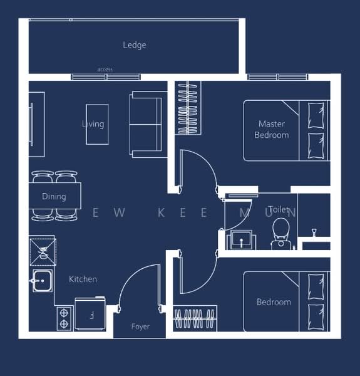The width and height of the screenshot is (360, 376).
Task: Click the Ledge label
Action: [x=134, y=45]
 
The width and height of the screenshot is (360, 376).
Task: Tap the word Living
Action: [x=93, y=124]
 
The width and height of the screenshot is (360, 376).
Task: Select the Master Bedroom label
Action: [x=272, y=130]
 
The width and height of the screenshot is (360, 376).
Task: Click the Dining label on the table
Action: [x=54, y=197]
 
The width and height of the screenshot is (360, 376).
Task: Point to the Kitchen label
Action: [x=83, y=279]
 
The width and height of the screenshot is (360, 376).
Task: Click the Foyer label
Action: [x=140, y=326]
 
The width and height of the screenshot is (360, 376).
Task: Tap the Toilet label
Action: [x=279, y=209]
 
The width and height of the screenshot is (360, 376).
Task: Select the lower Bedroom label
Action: [x=274, y=302]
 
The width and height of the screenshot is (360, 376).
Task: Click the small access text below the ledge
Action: [x=105, y=70]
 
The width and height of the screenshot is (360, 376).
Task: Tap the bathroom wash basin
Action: [x=241, y=239]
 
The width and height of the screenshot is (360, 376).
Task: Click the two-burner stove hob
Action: [x=64, y=318]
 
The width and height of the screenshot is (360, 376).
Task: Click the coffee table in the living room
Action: [x=97, y=124]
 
